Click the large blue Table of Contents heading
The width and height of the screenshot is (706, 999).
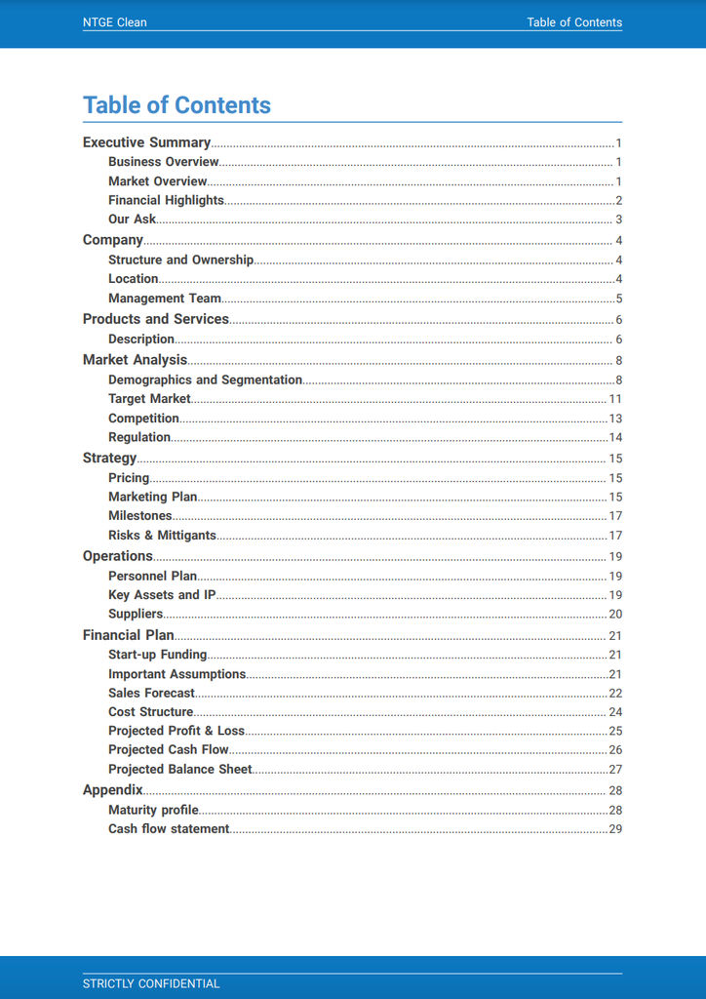point(176,105)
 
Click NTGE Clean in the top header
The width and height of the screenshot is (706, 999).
point(114,22)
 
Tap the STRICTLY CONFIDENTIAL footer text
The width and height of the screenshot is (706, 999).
point(151,983)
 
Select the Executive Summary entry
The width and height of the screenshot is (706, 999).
point(146,142)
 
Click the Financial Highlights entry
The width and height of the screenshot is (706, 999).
point(166,200)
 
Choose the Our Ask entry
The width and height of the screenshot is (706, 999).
point(132,220)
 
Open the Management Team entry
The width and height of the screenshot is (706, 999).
point(165,299)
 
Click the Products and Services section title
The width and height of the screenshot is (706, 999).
point(155,319)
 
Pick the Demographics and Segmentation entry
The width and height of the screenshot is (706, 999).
point(205,380)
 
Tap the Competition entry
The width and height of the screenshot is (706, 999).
point(143,419)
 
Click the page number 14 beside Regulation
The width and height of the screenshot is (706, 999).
point(615,438)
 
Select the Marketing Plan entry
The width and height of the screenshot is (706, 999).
point(152,497)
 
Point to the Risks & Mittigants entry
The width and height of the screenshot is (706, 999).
point(162,536)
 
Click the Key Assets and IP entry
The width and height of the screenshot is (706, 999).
point(162,595)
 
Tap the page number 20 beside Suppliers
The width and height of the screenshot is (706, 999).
point(615,615)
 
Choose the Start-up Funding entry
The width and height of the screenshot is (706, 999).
point(157,655)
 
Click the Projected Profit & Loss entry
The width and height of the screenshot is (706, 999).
point(176,731)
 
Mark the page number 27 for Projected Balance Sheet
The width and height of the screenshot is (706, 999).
point(615,770)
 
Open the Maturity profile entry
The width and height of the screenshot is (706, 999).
point(153,810)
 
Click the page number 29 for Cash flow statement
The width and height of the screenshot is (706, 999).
point(615,829)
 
